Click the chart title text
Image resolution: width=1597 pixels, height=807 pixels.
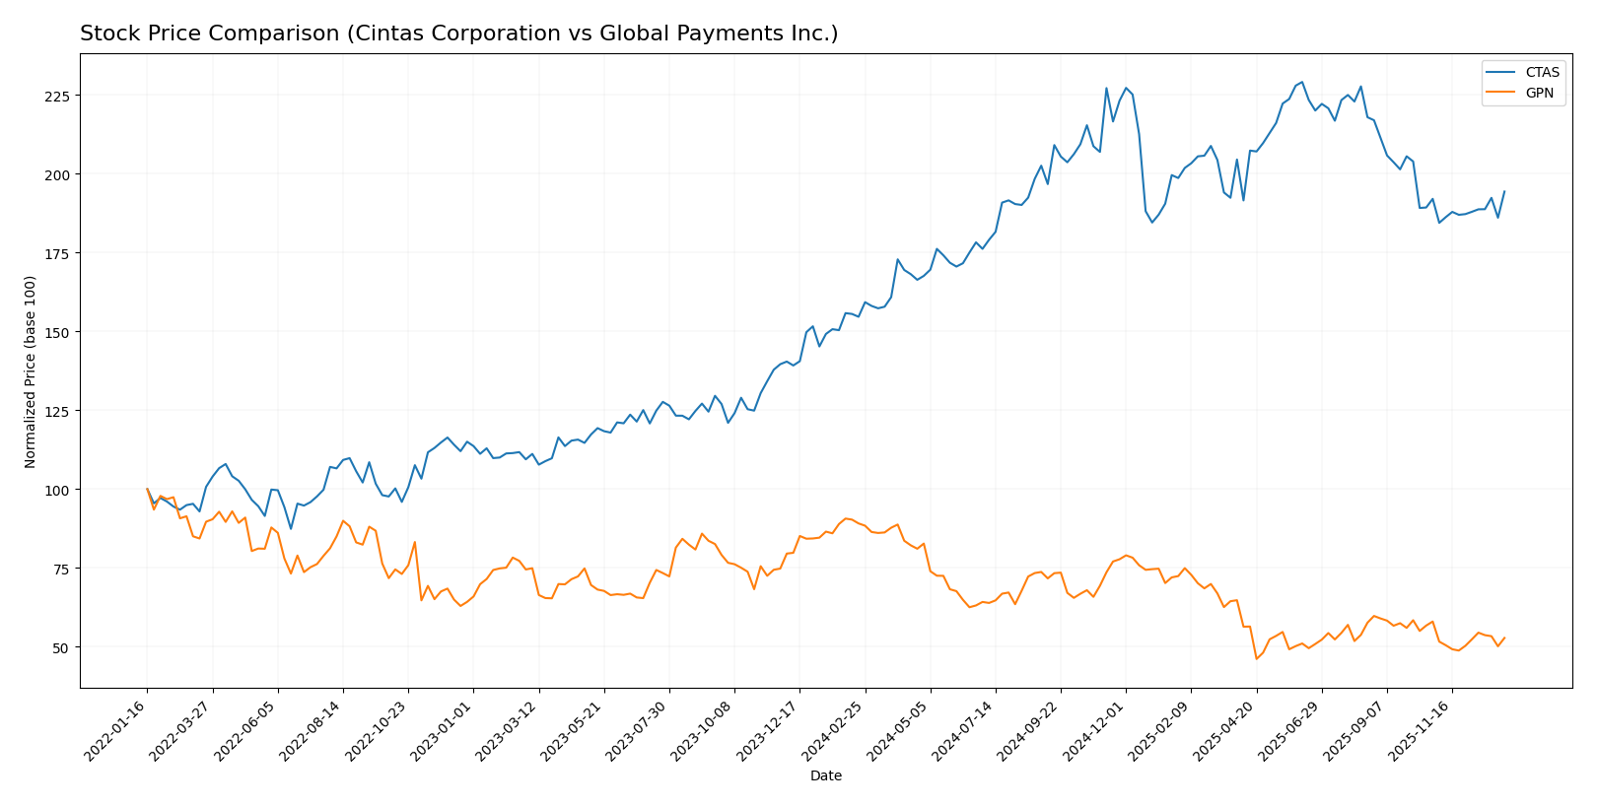458,34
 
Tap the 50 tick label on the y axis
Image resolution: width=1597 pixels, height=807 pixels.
62,647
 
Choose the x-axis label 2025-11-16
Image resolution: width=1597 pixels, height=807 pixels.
1423,730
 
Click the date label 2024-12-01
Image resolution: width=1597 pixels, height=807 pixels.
1097,730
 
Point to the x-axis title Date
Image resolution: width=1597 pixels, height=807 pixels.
826,776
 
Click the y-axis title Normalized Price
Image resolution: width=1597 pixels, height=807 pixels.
31,371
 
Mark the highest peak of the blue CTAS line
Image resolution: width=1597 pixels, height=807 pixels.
1301,82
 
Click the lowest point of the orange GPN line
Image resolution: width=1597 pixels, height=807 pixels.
1256,658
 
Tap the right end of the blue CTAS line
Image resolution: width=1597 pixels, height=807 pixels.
1504,191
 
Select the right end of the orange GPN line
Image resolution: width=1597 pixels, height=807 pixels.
1504,638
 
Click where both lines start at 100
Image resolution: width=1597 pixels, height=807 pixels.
148,489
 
